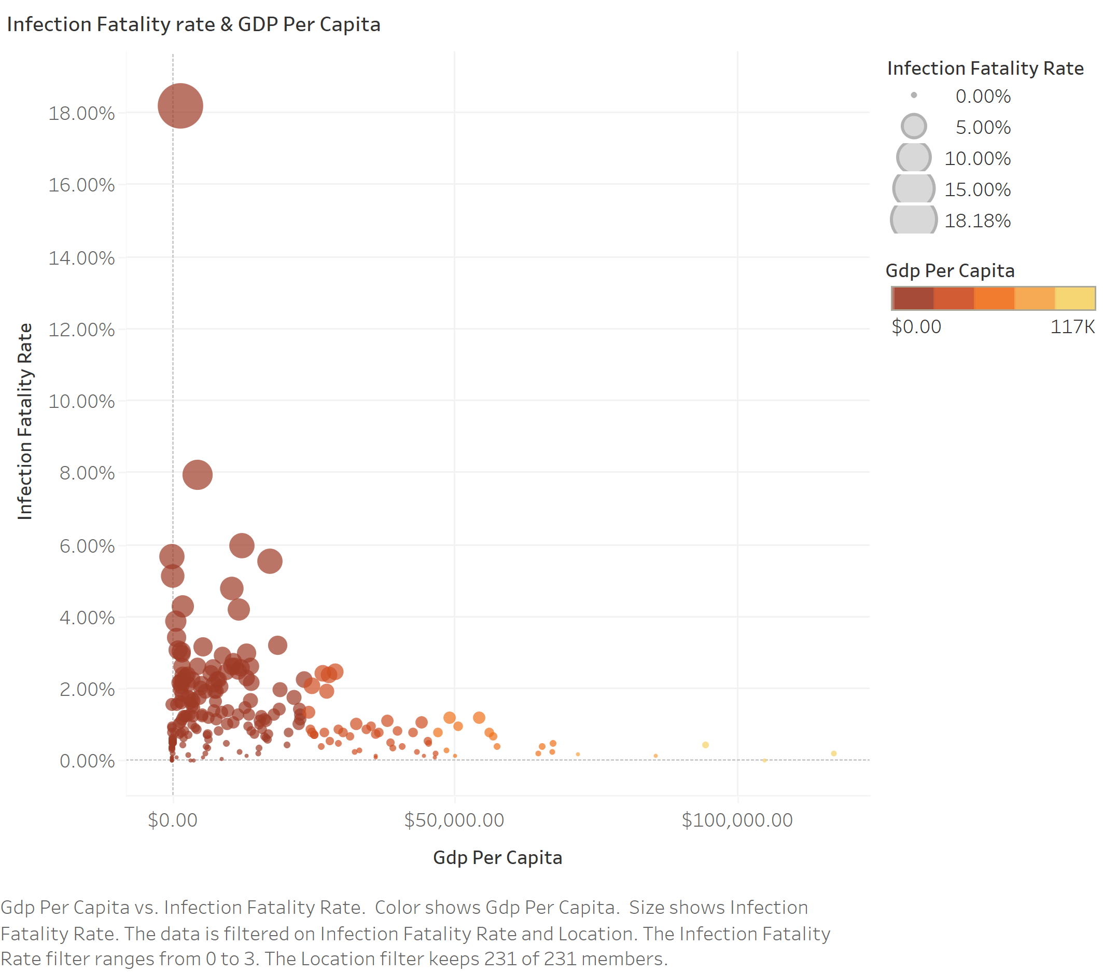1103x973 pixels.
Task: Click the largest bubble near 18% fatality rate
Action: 180,106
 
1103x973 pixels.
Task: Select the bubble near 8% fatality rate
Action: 198,475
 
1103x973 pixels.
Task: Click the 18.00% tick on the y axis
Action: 81,114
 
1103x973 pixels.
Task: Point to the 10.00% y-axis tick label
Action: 81,401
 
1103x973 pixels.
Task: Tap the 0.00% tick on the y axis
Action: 87,761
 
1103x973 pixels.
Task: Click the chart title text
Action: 193,24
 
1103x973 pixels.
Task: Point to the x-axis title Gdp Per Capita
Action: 497,857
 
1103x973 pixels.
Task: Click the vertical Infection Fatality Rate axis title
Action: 25,421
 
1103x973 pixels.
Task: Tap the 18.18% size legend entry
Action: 978,221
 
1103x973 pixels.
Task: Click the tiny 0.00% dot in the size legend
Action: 914,95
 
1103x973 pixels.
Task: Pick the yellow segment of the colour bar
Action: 1074,298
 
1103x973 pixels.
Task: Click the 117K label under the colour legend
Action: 1072,327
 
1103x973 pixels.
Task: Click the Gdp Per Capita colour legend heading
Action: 950,270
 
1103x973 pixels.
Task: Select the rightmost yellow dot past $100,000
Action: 834,753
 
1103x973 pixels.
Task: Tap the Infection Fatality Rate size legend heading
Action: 985,68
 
